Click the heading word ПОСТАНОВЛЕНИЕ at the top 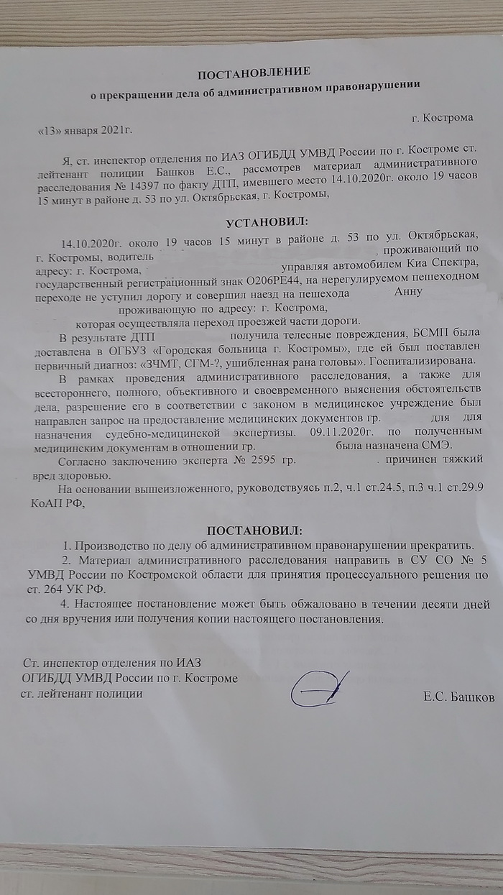coord(254,72)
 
